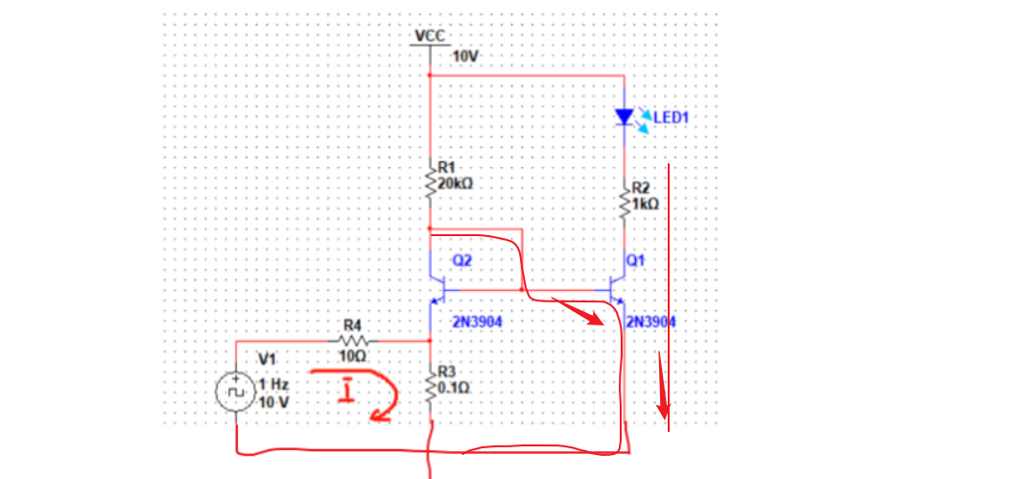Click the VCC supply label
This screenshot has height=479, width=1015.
point(429,36)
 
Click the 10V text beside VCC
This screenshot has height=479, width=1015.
point(465,58)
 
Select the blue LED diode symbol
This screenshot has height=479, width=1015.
point(625,117)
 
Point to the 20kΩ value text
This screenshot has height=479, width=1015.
point(455,183)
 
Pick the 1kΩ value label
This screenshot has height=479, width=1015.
point(646,204)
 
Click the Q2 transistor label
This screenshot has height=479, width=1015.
point(462,260)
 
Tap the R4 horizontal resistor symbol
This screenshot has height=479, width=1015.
point(354,340)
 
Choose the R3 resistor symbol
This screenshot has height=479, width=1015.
point(430,387)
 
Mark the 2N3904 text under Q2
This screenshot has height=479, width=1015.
point(477,322)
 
